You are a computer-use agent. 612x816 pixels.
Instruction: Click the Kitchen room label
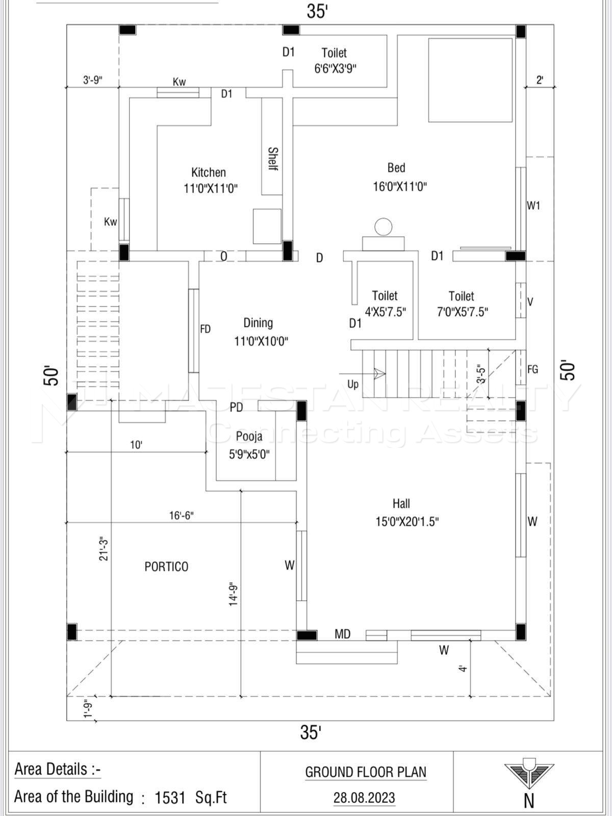tap(209, 172)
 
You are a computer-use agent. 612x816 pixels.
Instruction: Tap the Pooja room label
tap(249, 436)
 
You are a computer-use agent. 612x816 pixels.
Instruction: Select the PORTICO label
tap(166, 567)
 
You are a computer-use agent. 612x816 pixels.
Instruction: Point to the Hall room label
tap(401, 504)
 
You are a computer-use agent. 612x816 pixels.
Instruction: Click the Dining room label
tap(258, 323)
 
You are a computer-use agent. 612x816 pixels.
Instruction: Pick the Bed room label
tap(396, 168)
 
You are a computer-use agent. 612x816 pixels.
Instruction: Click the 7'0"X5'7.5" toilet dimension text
tap(462, 312)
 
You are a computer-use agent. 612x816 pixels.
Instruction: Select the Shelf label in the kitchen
tap(273, 159)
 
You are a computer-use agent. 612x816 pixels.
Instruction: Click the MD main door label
tap(342, 634)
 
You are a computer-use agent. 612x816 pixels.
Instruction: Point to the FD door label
tap(205, 329)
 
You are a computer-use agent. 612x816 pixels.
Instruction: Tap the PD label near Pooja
tap(236, 407)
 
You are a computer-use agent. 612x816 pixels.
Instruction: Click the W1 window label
tap(533, 206)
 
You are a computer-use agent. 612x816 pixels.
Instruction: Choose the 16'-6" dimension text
tap(182, 516)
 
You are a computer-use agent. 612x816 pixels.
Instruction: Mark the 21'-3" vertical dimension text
tap(104, 549)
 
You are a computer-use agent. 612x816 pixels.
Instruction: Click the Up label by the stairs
tap(353, 384)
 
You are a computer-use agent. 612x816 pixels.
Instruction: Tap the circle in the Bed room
tap(384, 226)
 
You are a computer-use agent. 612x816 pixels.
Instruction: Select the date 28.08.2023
tap(364, 798)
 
